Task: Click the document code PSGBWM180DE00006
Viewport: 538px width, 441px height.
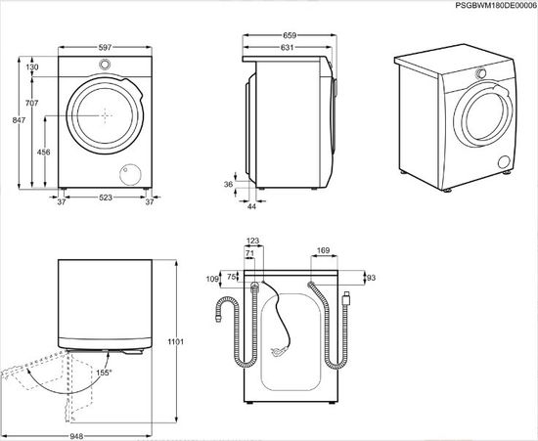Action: click(x=483, y=7)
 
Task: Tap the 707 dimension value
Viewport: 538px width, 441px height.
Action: click(x=31, y=103)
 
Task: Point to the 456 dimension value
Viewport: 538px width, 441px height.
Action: click(x=44, y=153)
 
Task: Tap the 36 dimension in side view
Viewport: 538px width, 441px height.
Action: click(x=229, y=184)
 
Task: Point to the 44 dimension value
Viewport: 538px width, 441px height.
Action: click(x=251, y=206)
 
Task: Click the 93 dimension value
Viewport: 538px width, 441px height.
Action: click(x=370, y=279)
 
